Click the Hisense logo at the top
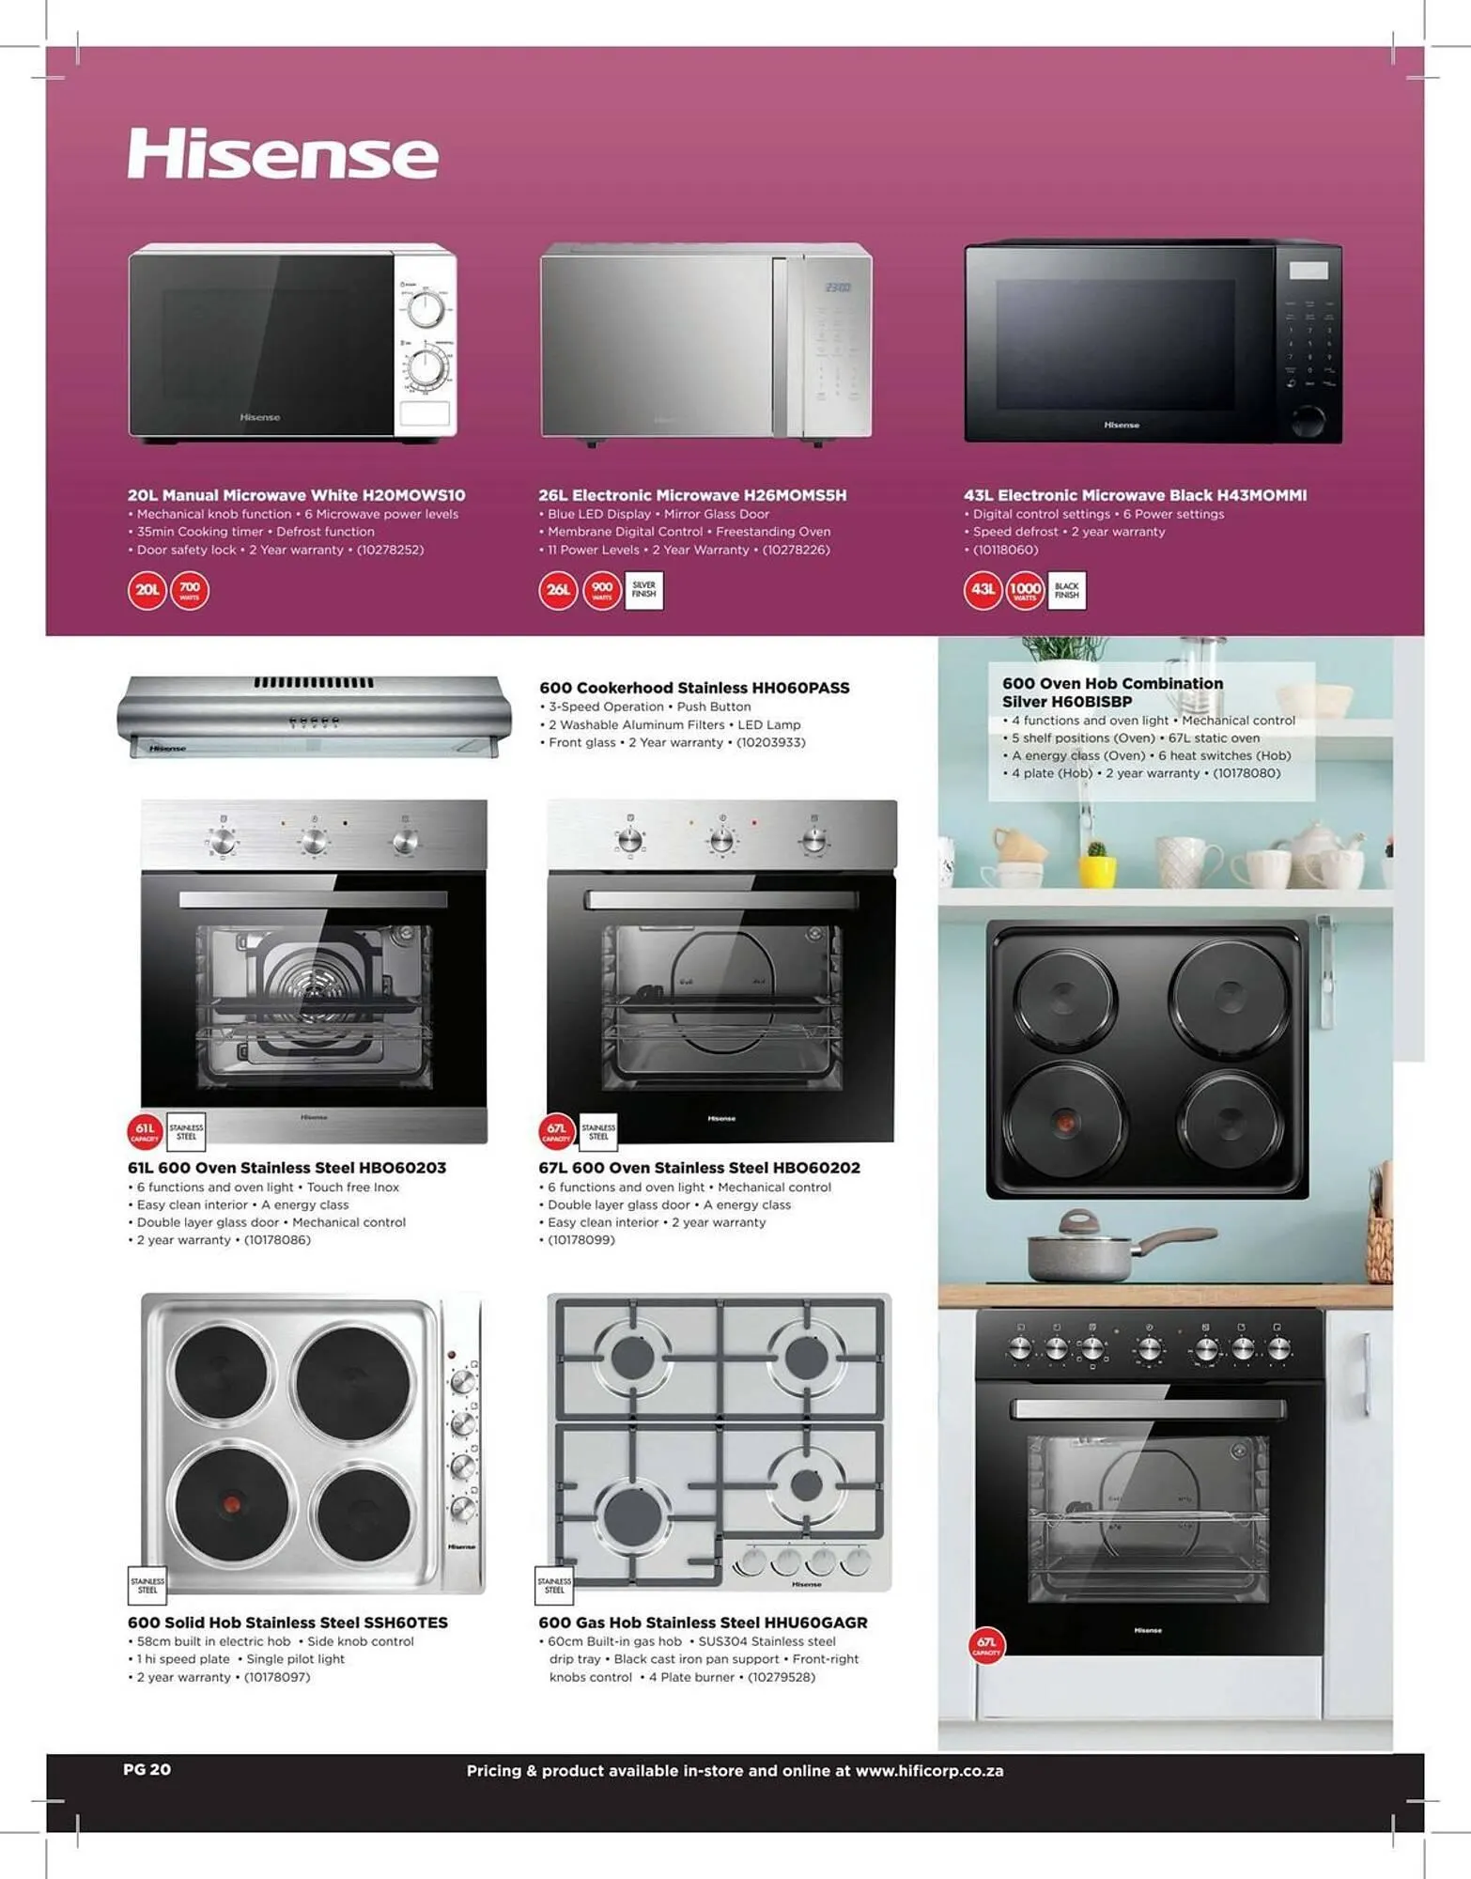click(x=283, y=154)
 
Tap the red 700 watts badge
click(x=190, y=590)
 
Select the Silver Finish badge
click(x=643, y=590)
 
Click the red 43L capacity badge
click(x=983, y=590)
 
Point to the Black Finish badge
click(x=1066, y=590)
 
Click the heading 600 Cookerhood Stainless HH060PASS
click(x=694, y=688)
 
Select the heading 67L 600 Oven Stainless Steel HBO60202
click(x=699, y=1168)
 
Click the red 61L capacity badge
click(x=145, y=1131)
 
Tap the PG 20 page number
click(x=147, y=1769)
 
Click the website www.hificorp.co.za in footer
click(x=929, y=1771)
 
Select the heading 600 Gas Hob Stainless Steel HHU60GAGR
click(x=703, y=1623)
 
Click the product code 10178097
click(x=277, y=1677)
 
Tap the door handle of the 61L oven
click(x=313, y=899)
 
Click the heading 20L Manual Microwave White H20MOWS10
click(x=296, y=495)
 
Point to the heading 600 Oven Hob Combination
click(x=1112, y=684)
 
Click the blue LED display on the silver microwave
click(x=837, y=287)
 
